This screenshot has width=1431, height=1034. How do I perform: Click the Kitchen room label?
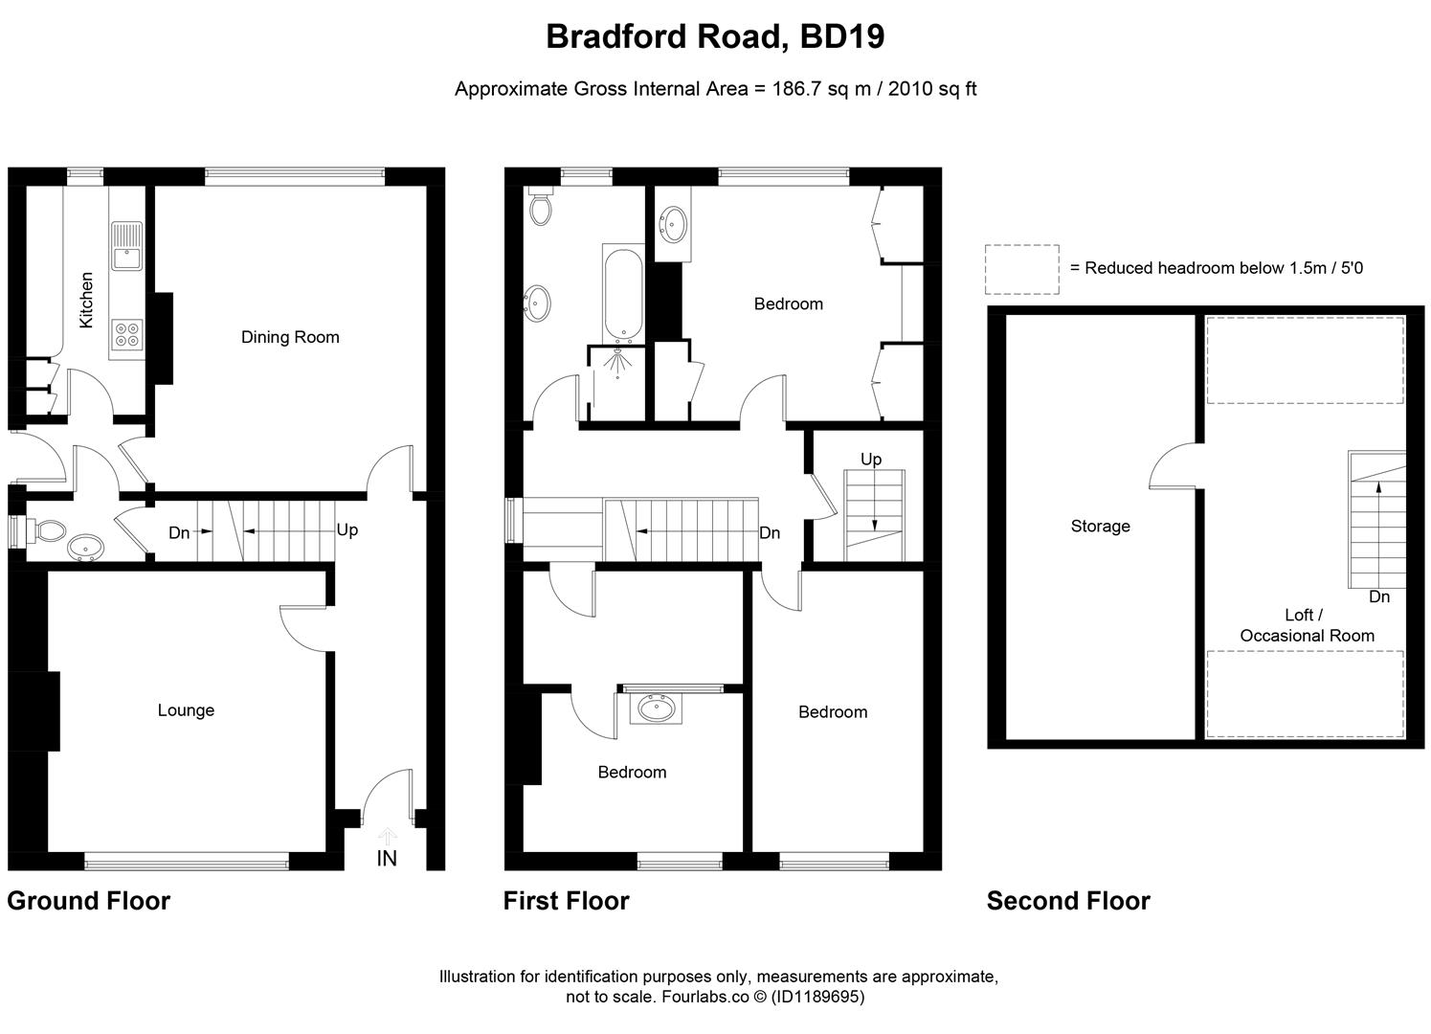86,300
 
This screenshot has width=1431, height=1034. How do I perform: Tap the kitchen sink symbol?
126,246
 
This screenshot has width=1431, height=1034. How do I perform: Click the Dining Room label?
290,337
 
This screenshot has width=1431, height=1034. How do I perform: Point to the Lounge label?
186,710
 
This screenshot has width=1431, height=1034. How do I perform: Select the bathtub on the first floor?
623,293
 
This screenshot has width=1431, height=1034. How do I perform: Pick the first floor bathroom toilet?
541,207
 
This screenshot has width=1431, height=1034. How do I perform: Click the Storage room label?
1100,527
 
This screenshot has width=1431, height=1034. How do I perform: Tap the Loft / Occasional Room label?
1307,626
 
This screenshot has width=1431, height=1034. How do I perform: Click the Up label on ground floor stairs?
347,529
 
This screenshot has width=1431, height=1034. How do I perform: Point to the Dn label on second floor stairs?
1378,596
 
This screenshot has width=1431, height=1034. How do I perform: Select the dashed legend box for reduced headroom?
1021,269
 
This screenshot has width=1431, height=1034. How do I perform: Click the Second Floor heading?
1068,901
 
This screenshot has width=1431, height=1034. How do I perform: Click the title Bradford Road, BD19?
715,36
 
